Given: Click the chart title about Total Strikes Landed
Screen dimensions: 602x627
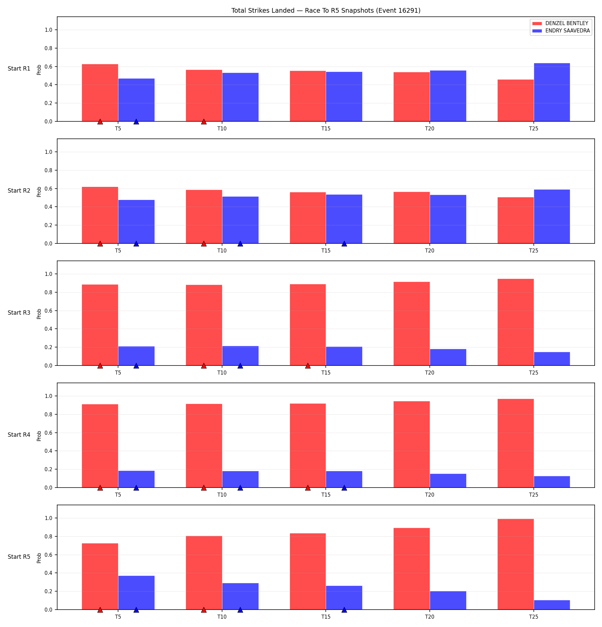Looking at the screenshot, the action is [x=326, y=10].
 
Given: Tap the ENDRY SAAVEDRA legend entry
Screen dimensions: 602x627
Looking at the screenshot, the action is [x=561, y=31].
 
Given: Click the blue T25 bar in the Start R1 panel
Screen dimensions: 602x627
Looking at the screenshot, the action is [x=552, y=92].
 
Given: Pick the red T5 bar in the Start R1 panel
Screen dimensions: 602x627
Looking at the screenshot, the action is [x=100, y=93].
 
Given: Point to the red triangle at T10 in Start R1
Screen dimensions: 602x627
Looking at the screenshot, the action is [x=204, y=121].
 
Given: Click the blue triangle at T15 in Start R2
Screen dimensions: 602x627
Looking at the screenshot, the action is [x=344, y=243].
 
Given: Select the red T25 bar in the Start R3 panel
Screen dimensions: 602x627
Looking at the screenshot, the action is [x=515, y=322].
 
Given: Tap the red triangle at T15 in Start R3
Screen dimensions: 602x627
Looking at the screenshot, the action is [x=308, y=365].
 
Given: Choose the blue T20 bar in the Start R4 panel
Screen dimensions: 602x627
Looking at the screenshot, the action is [x=448, y=481].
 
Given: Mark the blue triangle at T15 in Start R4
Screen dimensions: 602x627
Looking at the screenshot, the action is [x=344, y=488].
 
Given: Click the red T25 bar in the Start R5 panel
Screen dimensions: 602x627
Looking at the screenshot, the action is [x=515, y=564].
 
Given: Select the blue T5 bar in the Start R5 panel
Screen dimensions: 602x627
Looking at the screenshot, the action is [x=136, y=593].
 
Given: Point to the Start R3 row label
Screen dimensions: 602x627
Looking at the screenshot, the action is [x=19, y=313].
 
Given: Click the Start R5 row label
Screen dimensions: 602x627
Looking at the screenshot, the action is [x=19, y=557].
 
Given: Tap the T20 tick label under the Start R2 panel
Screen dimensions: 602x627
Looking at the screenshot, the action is [x=430, y=250].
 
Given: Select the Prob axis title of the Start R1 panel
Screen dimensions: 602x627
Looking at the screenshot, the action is [x=39, y=70].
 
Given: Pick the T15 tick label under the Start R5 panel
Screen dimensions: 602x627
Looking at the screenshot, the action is [x=326, y=617].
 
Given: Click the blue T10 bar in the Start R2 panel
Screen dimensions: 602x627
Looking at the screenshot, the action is [x=240, y=220].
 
